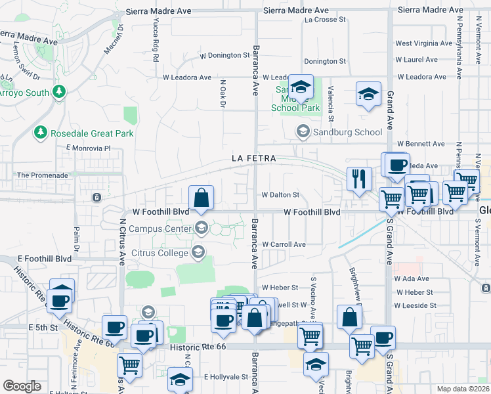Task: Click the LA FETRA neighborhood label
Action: pyautogui.click(x=253, y=158)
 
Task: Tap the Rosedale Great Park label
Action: pyautogui.click(x=92, y=133)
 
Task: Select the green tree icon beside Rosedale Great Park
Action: pyautogui.click(x=41, y=133)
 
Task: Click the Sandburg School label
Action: pyautogui.click(x=349, y=132)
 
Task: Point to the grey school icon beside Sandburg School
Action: pyautogui.click(x=303, y=132)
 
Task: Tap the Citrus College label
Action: pyautogui.click(x=161, y=252)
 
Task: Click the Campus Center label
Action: pyautogui.click(x=160, y=229)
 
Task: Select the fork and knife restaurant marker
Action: pyautogui.click(x=358, y=179)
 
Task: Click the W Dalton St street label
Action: pyautogui.click(x=280, y=195)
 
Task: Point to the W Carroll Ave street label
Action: pyautogui.click(x=284, y=244)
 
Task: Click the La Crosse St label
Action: pyautogui.click(x=326, y=20)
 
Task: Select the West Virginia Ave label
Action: pyautogui.click(x=423, y=43)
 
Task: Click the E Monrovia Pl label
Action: pyautogui.click(x=89, y=148)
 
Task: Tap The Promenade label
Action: pyautogui.click(x=42, y=175)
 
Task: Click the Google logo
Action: pyautogui.click(x=22, y=385)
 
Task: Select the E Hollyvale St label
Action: pyautogui.click(x=226, y=377)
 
